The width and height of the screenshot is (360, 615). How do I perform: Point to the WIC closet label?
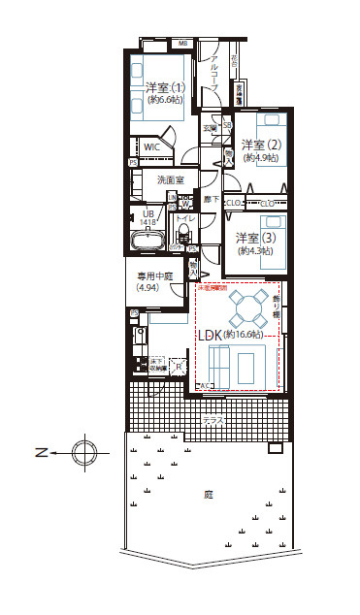pyautogui.click(x=153, y=147)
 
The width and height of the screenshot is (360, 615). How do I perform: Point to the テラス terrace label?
pyautogui.click(x=212, y=420)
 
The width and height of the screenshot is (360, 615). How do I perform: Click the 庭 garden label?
pyautogui.click(x=208, y=494)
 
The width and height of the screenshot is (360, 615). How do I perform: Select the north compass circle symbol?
pyautogui.click(x=84, y=452)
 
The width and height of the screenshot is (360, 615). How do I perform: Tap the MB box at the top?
pyautogui.click(x=182, y=44)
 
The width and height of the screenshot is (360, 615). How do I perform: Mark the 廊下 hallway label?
pyautogui.click(x=210, y=199)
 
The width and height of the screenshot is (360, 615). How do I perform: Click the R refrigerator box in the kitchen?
pyautogui.click(x=180, y=366)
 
